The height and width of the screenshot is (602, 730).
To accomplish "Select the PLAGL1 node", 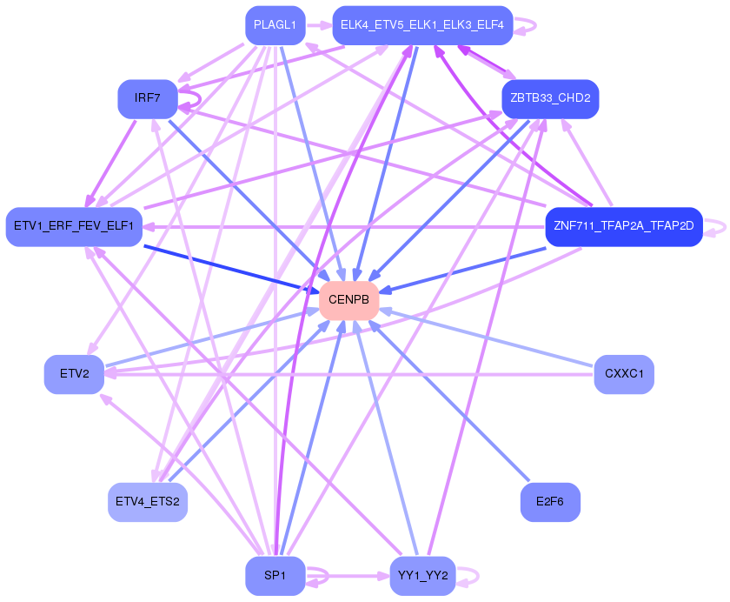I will (275, 25).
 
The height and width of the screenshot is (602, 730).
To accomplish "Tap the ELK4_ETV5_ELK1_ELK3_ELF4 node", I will (422, 25).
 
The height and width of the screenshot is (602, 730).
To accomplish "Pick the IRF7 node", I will (148, 98).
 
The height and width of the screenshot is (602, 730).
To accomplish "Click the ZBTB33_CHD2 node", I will (550, 98).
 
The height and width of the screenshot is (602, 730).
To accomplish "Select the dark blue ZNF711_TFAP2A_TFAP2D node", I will (623, 227).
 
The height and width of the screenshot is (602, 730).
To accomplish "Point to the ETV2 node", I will (75, 374).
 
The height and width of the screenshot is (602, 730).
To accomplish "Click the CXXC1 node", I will (624, 374).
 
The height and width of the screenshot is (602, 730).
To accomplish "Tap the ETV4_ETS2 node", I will (148, 502).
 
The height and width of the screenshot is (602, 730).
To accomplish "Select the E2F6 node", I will (550, 502).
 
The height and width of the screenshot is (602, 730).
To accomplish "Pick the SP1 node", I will (275, 576).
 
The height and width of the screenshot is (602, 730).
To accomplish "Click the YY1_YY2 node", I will (422, 576).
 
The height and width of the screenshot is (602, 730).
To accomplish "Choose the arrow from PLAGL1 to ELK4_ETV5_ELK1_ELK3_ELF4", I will (318, 25).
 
